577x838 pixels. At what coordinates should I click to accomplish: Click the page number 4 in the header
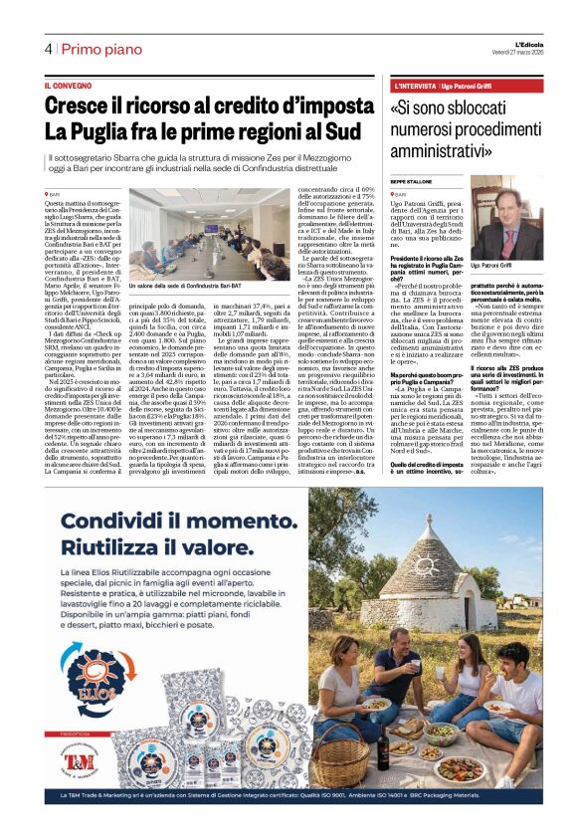tap(47, 49)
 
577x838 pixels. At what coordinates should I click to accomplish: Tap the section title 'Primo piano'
tap(100, 49)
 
